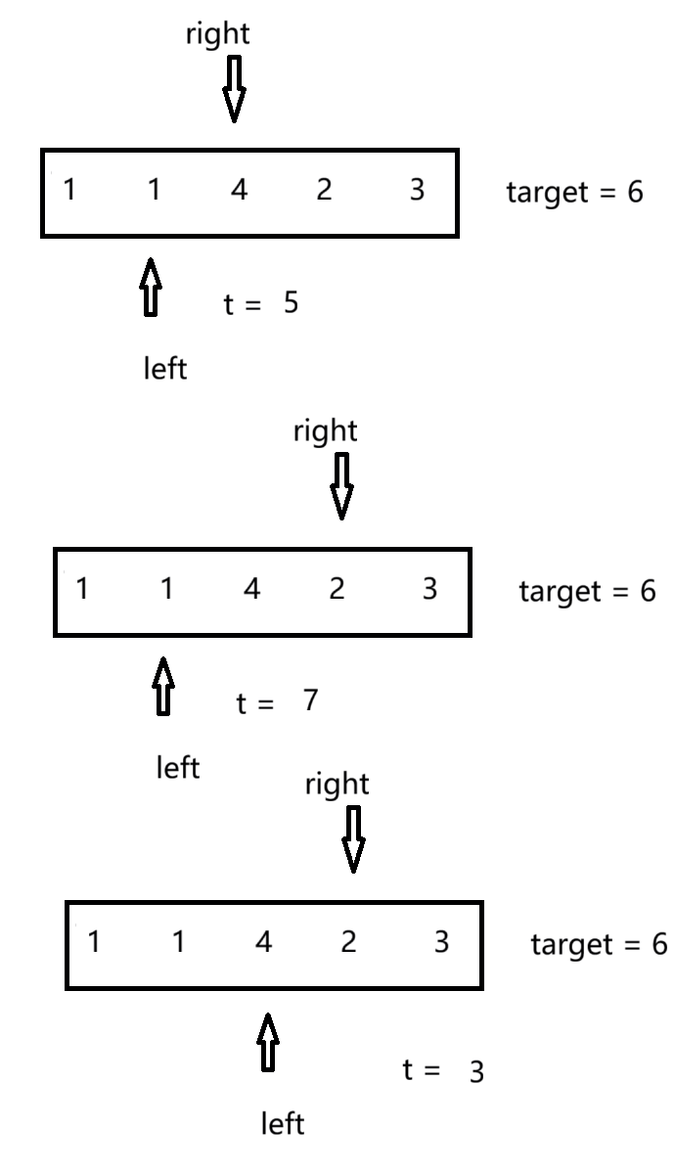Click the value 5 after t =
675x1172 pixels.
click(x=291, y=303)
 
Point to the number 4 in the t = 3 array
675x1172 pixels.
click(x=262, y=943)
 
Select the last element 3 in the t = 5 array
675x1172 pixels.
click(x=417, y=191)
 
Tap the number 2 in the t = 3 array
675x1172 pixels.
click(x=348, y=943)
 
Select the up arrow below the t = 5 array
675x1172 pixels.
click(x=150, y=287)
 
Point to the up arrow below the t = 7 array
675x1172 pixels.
click(x=164, y=686)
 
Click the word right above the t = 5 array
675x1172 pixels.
click(x=218, y=35)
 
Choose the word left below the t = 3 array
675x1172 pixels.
click(x=282, y=1125)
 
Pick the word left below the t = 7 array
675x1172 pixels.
click(x=178, y=768)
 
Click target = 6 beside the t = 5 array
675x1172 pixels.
click(x=574, y=192)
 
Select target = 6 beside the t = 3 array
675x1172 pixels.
click(x=599, y=945)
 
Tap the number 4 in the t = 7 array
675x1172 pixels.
click(x=251, y=591)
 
